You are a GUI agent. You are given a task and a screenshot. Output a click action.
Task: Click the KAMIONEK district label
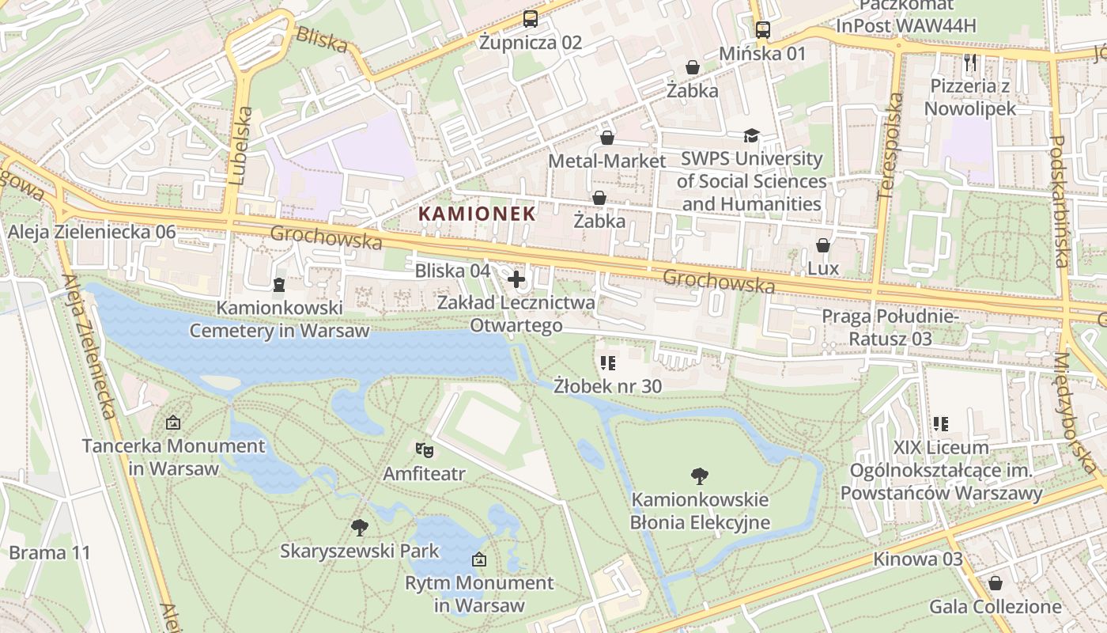[x=477, y=214]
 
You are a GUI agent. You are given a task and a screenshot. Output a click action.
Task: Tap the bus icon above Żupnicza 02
[x=530, y=19]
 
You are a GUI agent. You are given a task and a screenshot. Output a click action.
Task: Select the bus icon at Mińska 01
[x=762, y=30]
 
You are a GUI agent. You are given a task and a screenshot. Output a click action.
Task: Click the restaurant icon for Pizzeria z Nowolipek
[x=970, y=62]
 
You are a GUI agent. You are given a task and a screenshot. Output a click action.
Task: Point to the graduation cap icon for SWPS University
[x=750, y=135]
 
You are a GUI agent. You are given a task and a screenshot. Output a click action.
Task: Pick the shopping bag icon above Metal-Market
[x=607, y=138]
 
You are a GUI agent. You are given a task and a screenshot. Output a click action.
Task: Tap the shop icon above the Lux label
[x=823, y=245]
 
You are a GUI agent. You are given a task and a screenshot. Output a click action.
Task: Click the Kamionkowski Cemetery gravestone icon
[x=278, y=284]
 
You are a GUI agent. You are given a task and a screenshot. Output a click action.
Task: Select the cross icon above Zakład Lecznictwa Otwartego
[x=516, y=279]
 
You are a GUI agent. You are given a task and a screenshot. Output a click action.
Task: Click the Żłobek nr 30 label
[x=607, y=386]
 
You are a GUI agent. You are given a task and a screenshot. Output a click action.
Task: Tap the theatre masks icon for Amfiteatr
[x=425, y=450]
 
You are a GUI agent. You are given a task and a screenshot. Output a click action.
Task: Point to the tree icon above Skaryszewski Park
[x=359, y=527]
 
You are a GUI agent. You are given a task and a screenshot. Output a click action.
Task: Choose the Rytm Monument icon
[x=478, y=559]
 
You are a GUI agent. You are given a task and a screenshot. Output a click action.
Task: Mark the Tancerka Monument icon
[x=173, y=423]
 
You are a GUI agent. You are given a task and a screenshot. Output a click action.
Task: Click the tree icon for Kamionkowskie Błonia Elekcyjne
[x=699, y=476]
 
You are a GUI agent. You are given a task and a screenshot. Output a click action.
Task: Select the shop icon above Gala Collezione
[x=995, y=583]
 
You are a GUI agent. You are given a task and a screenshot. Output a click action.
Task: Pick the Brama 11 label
[x=50, y=552]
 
